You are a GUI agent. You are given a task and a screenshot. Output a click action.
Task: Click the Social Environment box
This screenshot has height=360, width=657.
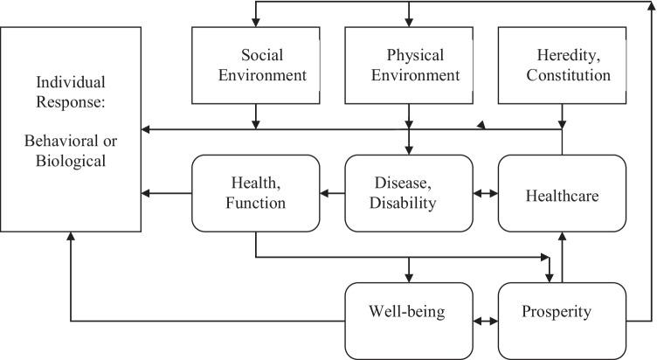pos(255,66)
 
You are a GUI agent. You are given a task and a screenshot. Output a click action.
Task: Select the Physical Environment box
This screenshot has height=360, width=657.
pos(409,66)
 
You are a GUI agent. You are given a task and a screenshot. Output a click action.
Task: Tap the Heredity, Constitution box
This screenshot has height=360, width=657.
pos(561,66)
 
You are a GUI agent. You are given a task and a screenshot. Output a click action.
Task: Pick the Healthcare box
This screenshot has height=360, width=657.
pos(561,194)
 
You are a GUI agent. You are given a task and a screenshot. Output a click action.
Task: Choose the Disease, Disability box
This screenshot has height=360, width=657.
pos(409,194)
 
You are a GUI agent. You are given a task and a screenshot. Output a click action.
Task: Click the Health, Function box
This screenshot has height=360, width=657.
pos(255,194)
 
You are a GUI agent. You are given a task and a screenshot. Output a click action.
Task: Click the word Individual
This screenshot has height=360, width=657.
pos(71,84)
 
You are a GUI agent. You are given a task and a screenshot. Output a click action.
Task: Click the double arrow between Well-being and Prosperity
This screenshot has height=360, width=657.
pos(485,321)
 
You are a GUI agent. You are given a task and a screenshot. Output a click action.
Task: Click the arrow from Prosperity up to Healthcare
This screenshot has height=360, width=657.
pos(562,257)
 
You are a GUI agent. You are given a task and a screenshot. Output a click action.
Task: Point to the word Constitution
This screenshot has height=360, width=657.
pos(562,75)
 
